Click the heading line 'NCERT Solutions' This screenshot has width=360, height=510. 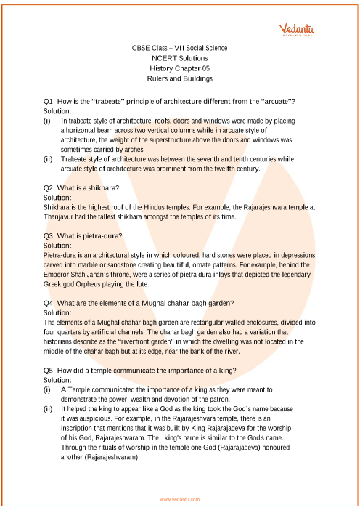180,58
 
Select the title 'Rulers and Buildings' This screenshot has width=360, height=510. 180,78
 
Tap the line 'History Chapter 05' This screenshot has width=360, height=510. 180,68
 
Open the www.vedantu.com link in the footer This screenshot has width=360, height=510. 179,499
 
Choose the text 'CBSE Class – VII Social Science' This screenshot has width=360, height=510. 180,48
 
